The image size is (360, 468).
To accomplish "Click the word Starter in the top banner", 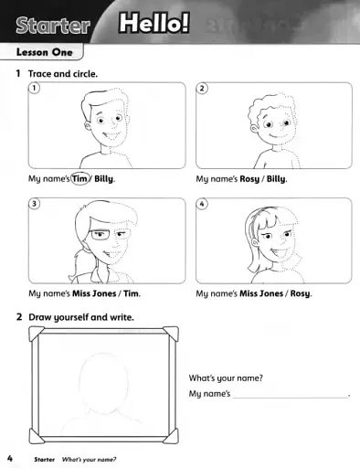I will tap(52, 24).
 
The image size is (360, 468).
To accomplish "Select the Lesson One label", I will tap(44, 53).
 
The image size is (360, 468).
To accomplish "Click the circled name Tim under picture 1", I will tap(79, 179).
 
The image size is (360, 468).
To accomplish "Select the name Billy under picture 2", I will tap(276, 179).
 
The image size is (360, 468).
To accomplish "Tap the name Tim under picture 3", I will tap(132, 294).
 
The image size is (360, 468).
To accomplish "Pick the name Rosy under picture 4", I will tap(301, 294).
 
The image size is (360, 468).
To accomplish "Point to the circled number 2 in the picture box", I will tap(203, 89).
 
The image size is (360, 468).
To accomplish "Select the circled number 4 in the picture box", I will tap(203, 204).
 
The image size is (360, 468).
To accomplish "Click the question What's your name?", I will tap(226, 378).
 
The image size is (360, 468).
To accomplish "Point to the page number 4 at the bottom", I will tap(9, 457).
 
